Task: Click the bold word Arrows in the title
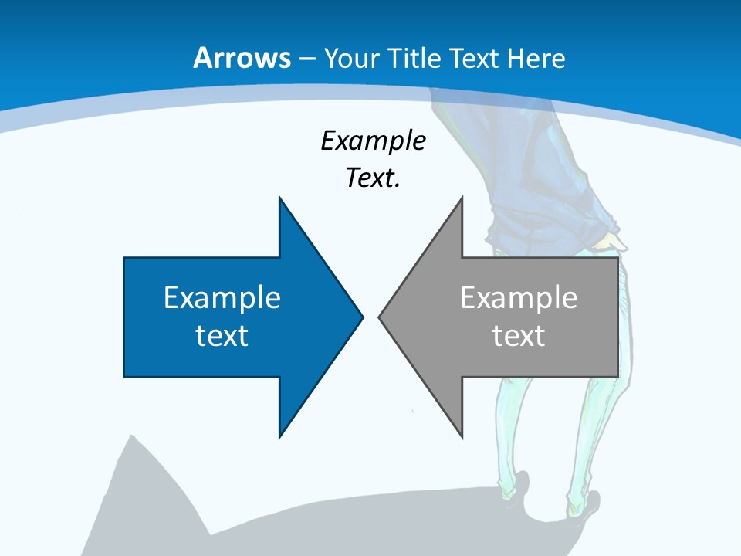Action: pos(242,58)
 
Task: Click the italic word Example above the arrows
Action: pos(373,141)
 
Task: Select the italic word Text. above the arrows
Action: pos(373,178)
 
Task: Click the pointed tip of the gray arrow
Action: pos(380,316)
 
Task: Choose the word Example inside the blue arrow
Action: pos(222,298)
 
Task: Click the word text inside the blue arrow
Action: pos(222,336)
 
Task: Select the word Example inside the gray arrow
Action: pos(519,298)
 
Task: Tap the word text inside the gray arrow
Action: pos(519,336)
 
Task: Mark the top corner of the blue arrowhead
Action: pos(279,198)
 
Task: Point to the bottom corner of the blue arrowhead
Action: pos(279,436)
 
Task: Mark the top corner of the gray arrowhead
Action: pos(462,198)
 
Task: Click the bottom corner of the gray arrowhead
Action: pos(462,436)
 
